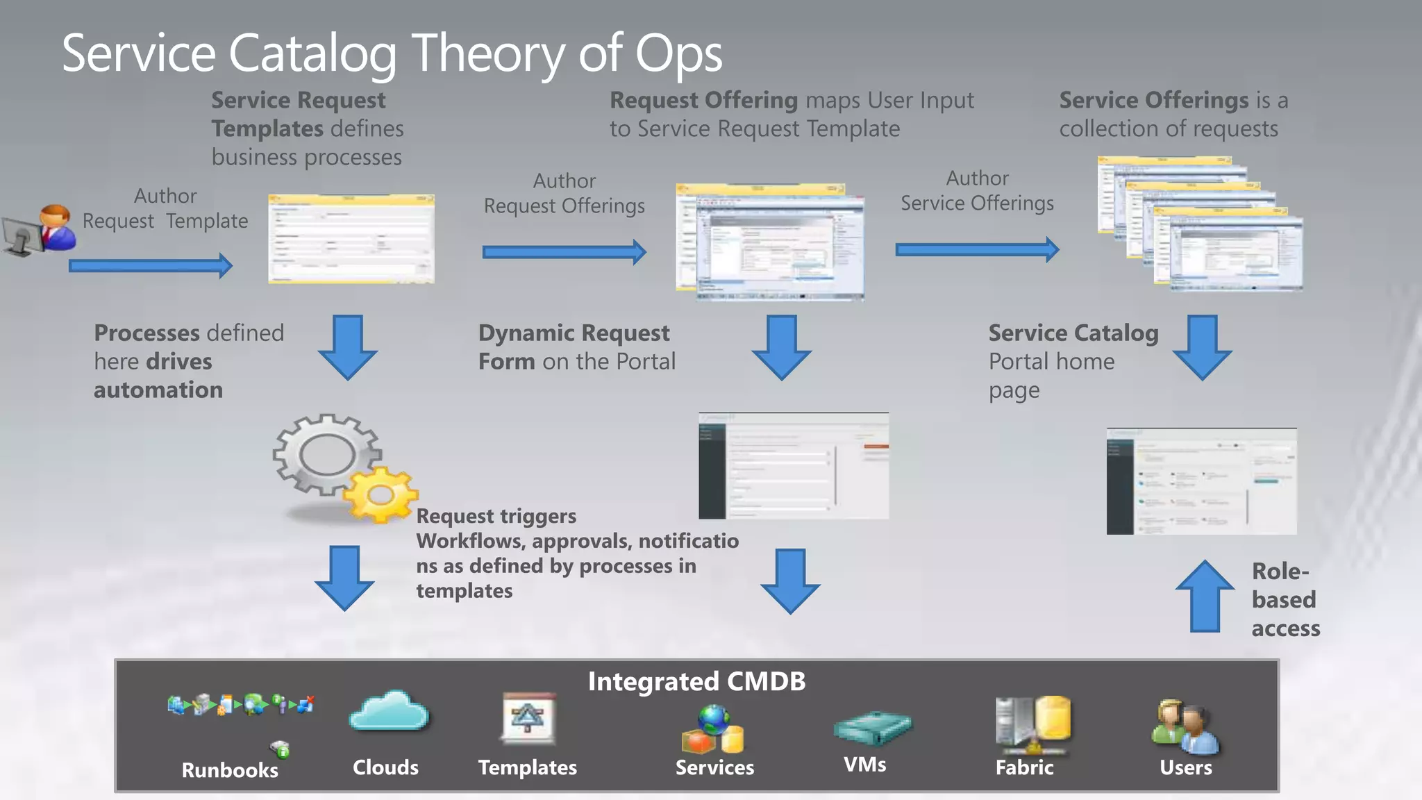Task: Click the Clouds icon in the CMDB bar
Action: [389, 712]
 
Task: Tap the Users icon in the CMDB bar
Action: [1185, 728]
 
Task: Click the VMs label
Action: [864, 765]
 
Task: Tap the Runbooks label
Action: [230, 770]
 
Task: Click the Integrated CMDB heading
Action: [696, 681]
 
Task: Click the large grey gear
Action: [326, 455]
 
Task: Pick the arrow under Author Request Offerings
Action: [564, 251]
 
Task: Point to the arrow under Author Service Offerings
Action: [977, 249]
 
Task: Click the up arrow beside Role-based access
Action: [1205, 597]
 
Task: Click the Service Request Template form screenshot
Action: [351, 239]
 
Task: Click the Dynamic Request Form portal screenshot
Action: [794, 465]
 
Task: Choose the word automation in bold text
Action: [158, 390]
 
